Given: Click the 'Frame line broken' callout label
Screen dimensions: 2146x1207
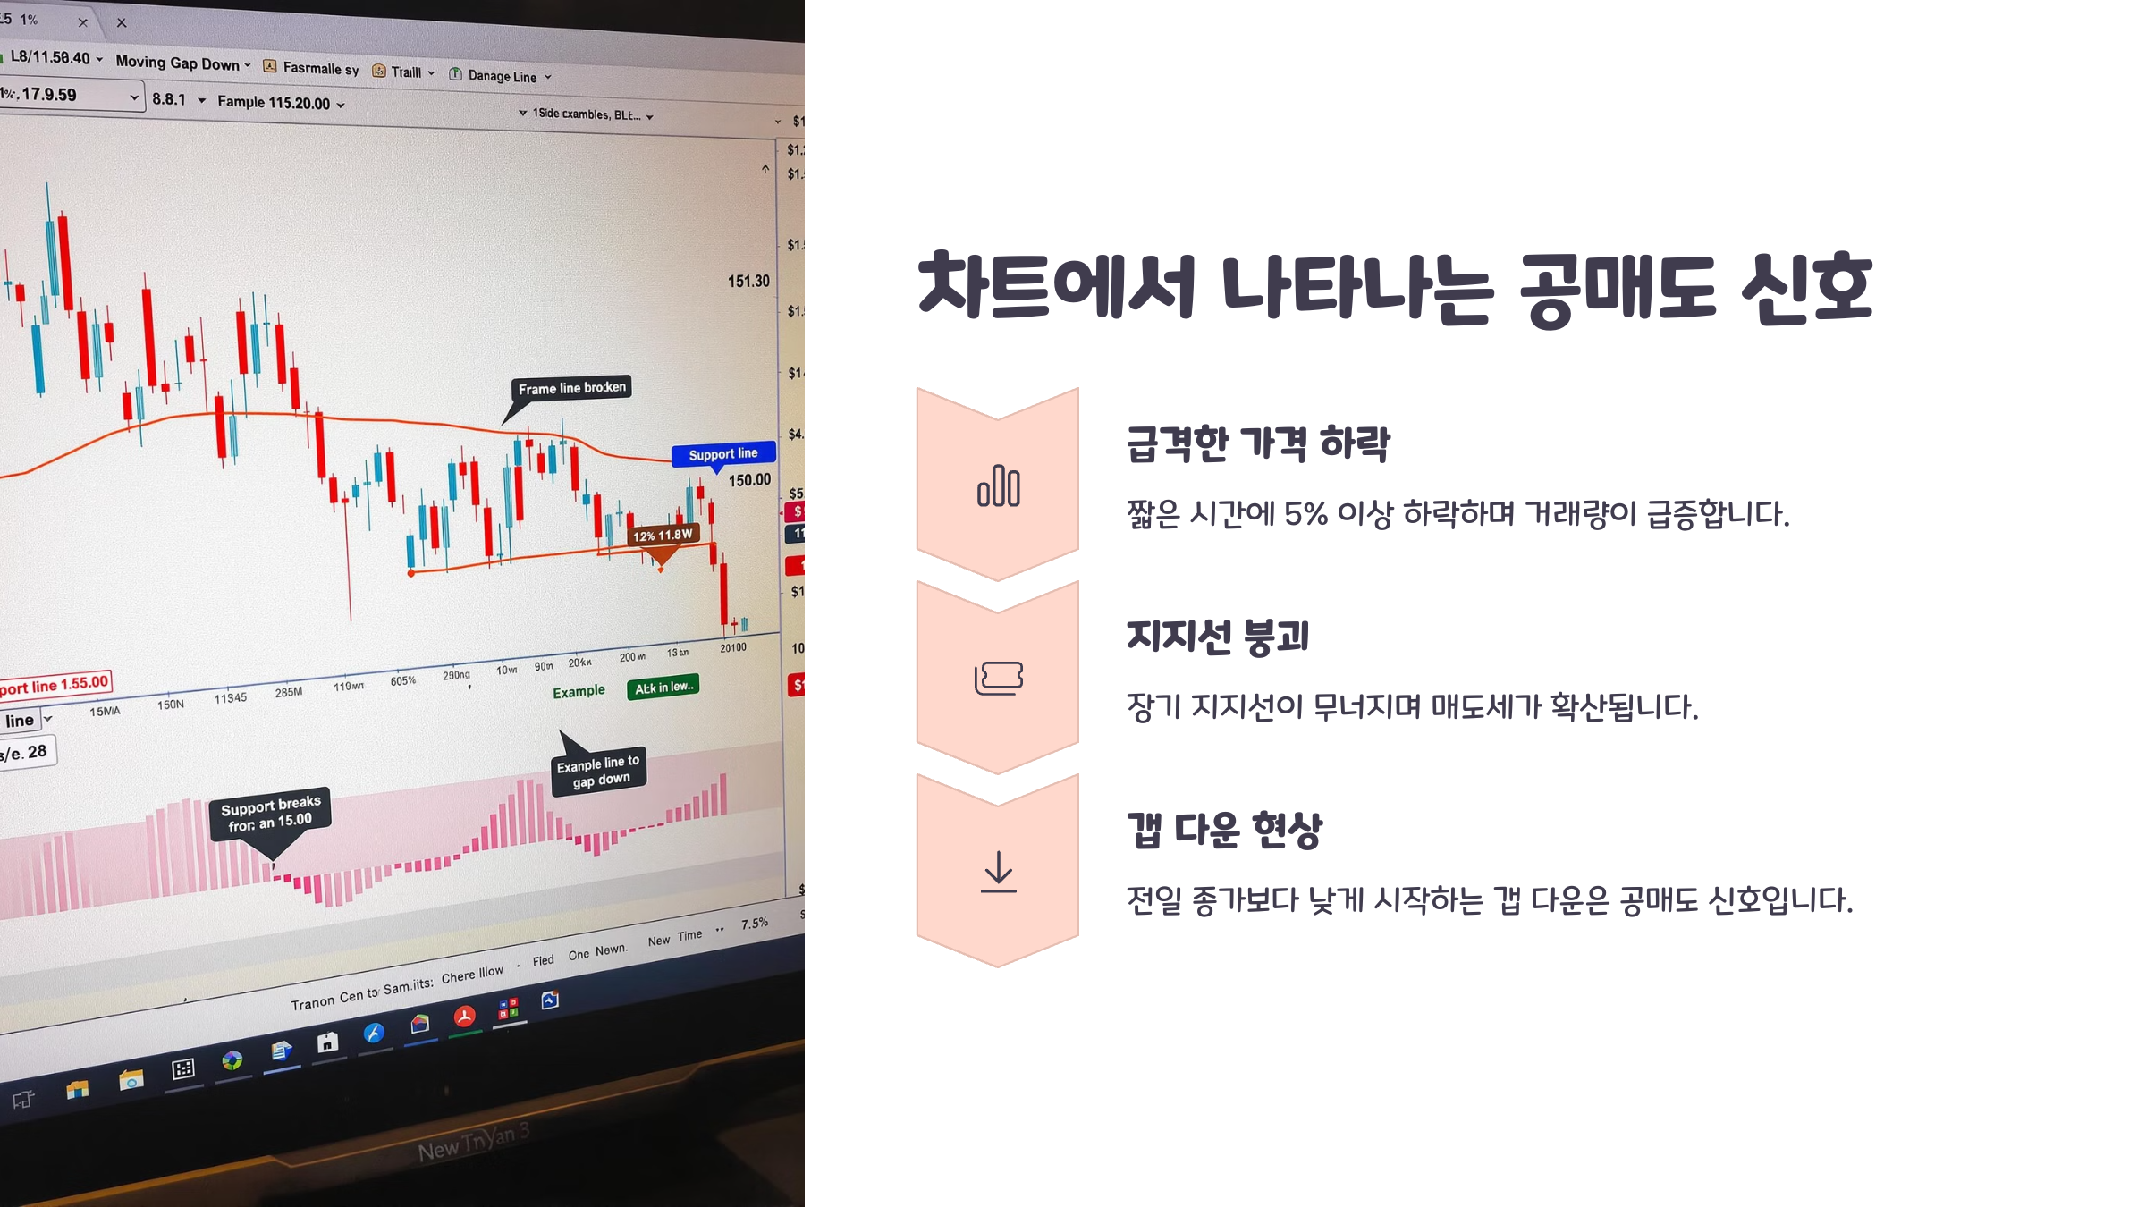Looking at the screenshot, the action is [571, 388].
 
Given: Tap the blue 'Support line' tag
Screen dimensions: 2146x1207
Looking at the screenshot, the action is [722, 454].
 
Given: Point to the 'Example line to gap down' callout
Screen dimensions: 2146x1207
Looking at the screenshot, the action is [598, 771].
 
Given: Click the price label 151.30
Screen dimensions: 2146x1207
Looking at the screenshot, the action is [748, 281].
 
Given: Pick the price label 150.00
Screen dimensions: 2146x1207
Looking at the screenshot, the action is [749, 480].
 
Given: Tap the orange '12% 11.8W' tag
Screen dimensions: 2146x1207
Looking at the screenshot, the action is [663, 536].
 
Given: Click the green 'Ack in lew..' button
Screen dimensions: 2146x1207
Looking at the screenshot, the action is [663, 687].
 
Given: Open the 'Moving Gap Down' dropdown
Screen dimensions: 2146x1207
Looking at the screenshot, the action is [183, 63].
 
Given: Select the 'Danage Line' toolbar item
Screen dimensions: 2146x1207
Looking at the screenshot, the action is [501, 76].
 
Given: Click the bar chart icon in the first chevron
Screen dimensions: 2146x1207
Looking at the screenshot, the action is [998, 486].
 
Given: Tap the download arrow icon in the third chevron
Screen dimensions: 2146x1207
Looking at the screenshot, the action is [998, 871].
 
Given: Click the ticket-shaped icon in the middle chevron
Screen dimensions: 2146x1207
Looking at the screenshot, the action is [998, 678].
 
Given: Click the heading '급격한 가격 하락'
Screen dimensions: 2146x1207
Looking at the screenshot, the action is [1257, 443].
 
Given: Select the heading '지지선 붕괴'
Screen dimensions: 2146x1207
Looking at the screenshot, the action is [1218, 637].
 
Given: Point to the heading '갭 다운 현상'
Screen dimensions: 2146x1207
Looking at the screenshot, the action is [1224, 830].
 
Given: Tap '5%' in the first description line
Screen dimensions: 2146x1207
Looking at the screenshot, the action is [1305, 514].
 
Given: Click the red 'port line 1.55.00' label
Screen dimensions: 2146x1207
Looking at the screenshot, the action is [55, 685].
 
